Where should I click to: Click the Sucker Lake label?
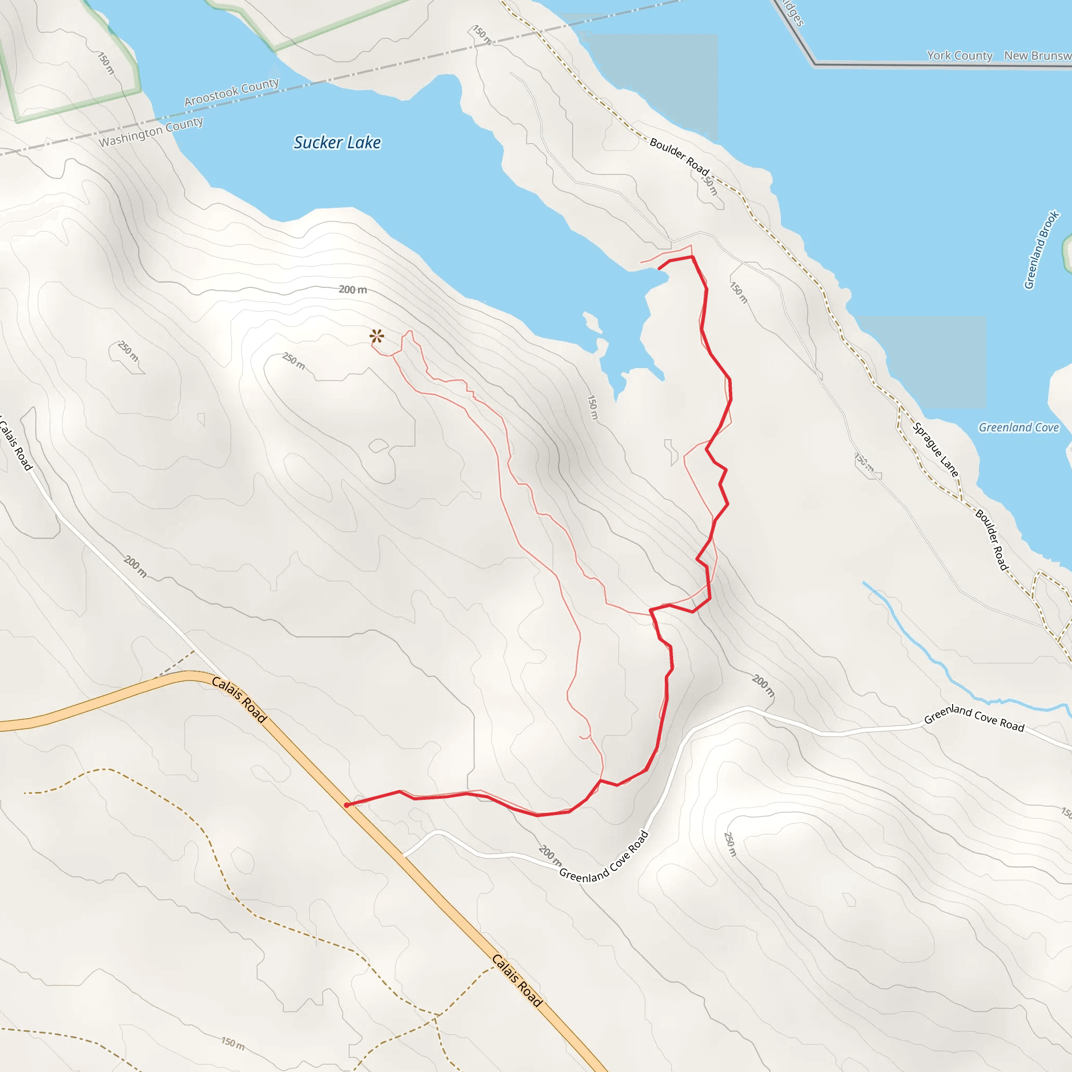click(x=337, y=142)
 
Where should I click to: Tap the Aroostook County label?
click(x=231, y=92)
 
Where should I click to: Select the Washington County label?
click(x=151, y=132)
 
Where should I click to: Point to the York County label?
click(x=959, y=55)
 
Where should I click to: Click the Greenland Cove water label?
click(x=1018, y=427)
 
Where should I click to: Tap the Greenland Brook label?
click(x=1041, y=250)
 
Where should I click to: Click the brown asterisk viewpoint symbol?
click(x=377, y=336)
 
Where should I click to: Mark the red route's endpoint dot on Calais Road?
click(x=346, y=805)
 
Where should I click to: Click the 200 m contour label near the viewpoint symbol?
click(x=353, y=289)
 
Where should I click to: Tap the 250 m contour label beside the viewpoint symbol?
click(x=294, y=361)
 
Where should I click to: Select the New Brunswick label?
click(x=1036, y=55)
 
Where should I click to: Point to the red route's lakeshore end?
click(x=659, y=268)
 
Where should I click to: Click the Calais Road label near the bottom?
click(x=517, y=980)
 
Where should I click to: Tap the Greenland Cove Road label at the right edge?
click(x=974, y=718)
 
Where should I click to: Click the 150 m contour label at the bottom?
click(x=232, y=1043)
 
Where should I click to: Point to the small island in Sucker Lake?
click(x=591, y=322)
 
